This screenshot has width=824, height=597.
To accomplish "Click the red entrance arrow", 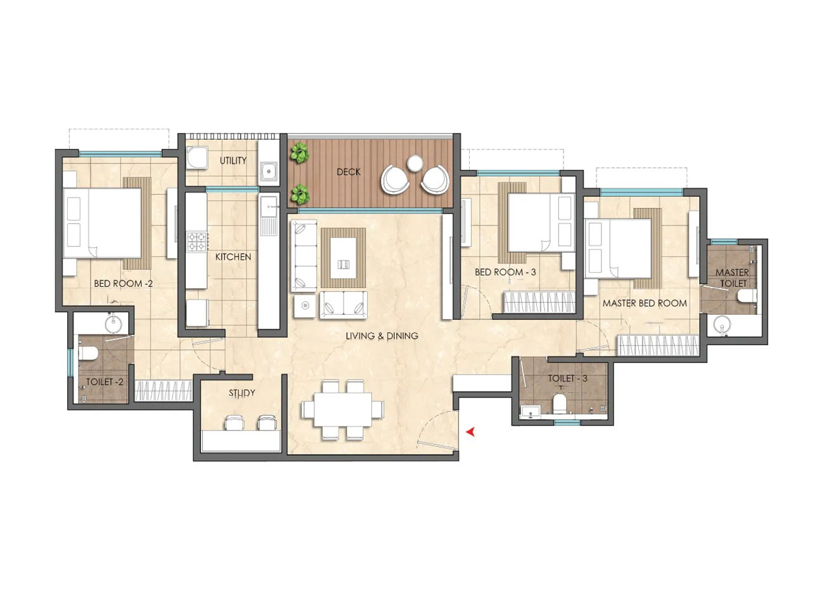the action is [x=470, y=432].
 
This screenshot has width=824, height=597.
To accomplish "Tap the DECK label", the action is [x=349, y=172].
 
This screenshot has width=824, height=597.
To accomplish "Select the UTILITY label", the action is [x=233, y=161].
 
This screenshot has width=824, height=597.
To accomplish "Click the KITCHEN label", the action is [x=233, y=257].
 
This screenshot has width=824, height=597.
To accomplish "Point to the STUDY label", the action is [x=241, y=393].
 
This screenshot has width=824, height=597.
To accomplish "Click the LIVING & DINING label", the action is [x=382, y=336].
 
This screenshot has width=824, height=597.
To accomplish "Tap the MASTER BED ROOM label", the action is [x=645, y=303].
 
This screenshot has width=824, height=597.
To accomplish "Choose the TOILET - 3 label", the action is [x=567, y=379].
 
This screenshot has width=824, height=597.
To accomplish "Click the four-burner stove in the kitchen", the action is [x=197, y=241].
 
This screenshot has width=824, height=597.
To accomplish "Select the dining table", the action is [x=342, y=409].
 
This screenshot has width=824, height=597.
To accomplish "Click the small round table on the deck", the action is [x=415, y=163].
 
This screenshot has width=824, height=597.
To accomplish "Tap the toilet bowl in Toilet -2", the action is [x=87, y=353].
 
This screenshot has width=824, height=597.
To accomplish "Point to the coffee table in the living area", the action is [x=344, y=258].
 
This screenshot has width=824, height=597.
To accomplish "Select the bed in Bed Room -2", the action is [x=102, y=223].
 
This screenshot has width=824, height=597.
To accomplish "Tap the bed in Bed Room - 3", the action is [x=541, y=223].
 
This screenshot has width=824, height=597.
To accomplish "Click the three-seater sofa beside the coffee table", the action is [x=304, y=256].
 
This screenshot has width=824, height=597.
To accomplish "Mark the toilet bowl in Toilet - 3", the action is [x=560, y=403].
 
